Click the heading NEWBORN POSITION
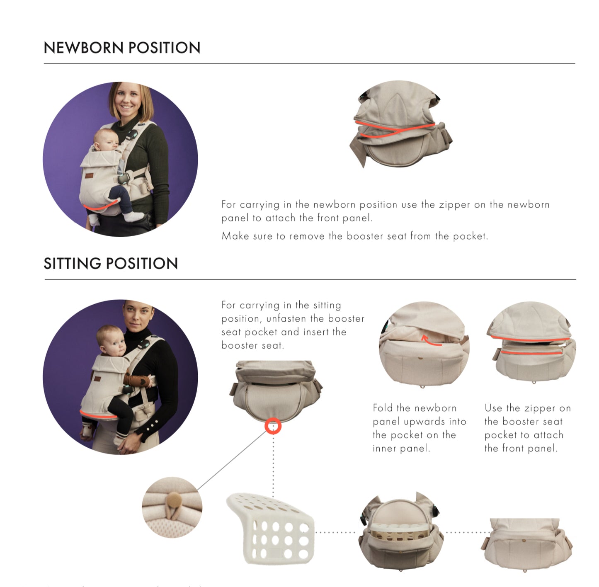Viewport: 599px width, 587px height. click(122, 48)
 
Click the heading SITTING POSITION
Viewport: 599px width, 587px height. click(111, 264)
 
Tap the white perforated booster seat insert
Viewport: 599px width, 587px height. click(272, 529)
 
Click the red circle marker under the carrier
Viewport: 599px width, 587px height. click(273, 426)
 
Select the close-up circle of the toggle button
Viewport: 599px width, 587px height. click(172, 507)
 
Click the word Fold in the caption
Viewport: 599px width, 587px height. click(382, 408)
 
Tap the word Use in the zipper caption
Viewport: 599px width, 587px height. click(493, 408)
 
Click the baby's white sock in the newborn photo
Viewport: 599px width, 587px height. click(134, 216)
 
